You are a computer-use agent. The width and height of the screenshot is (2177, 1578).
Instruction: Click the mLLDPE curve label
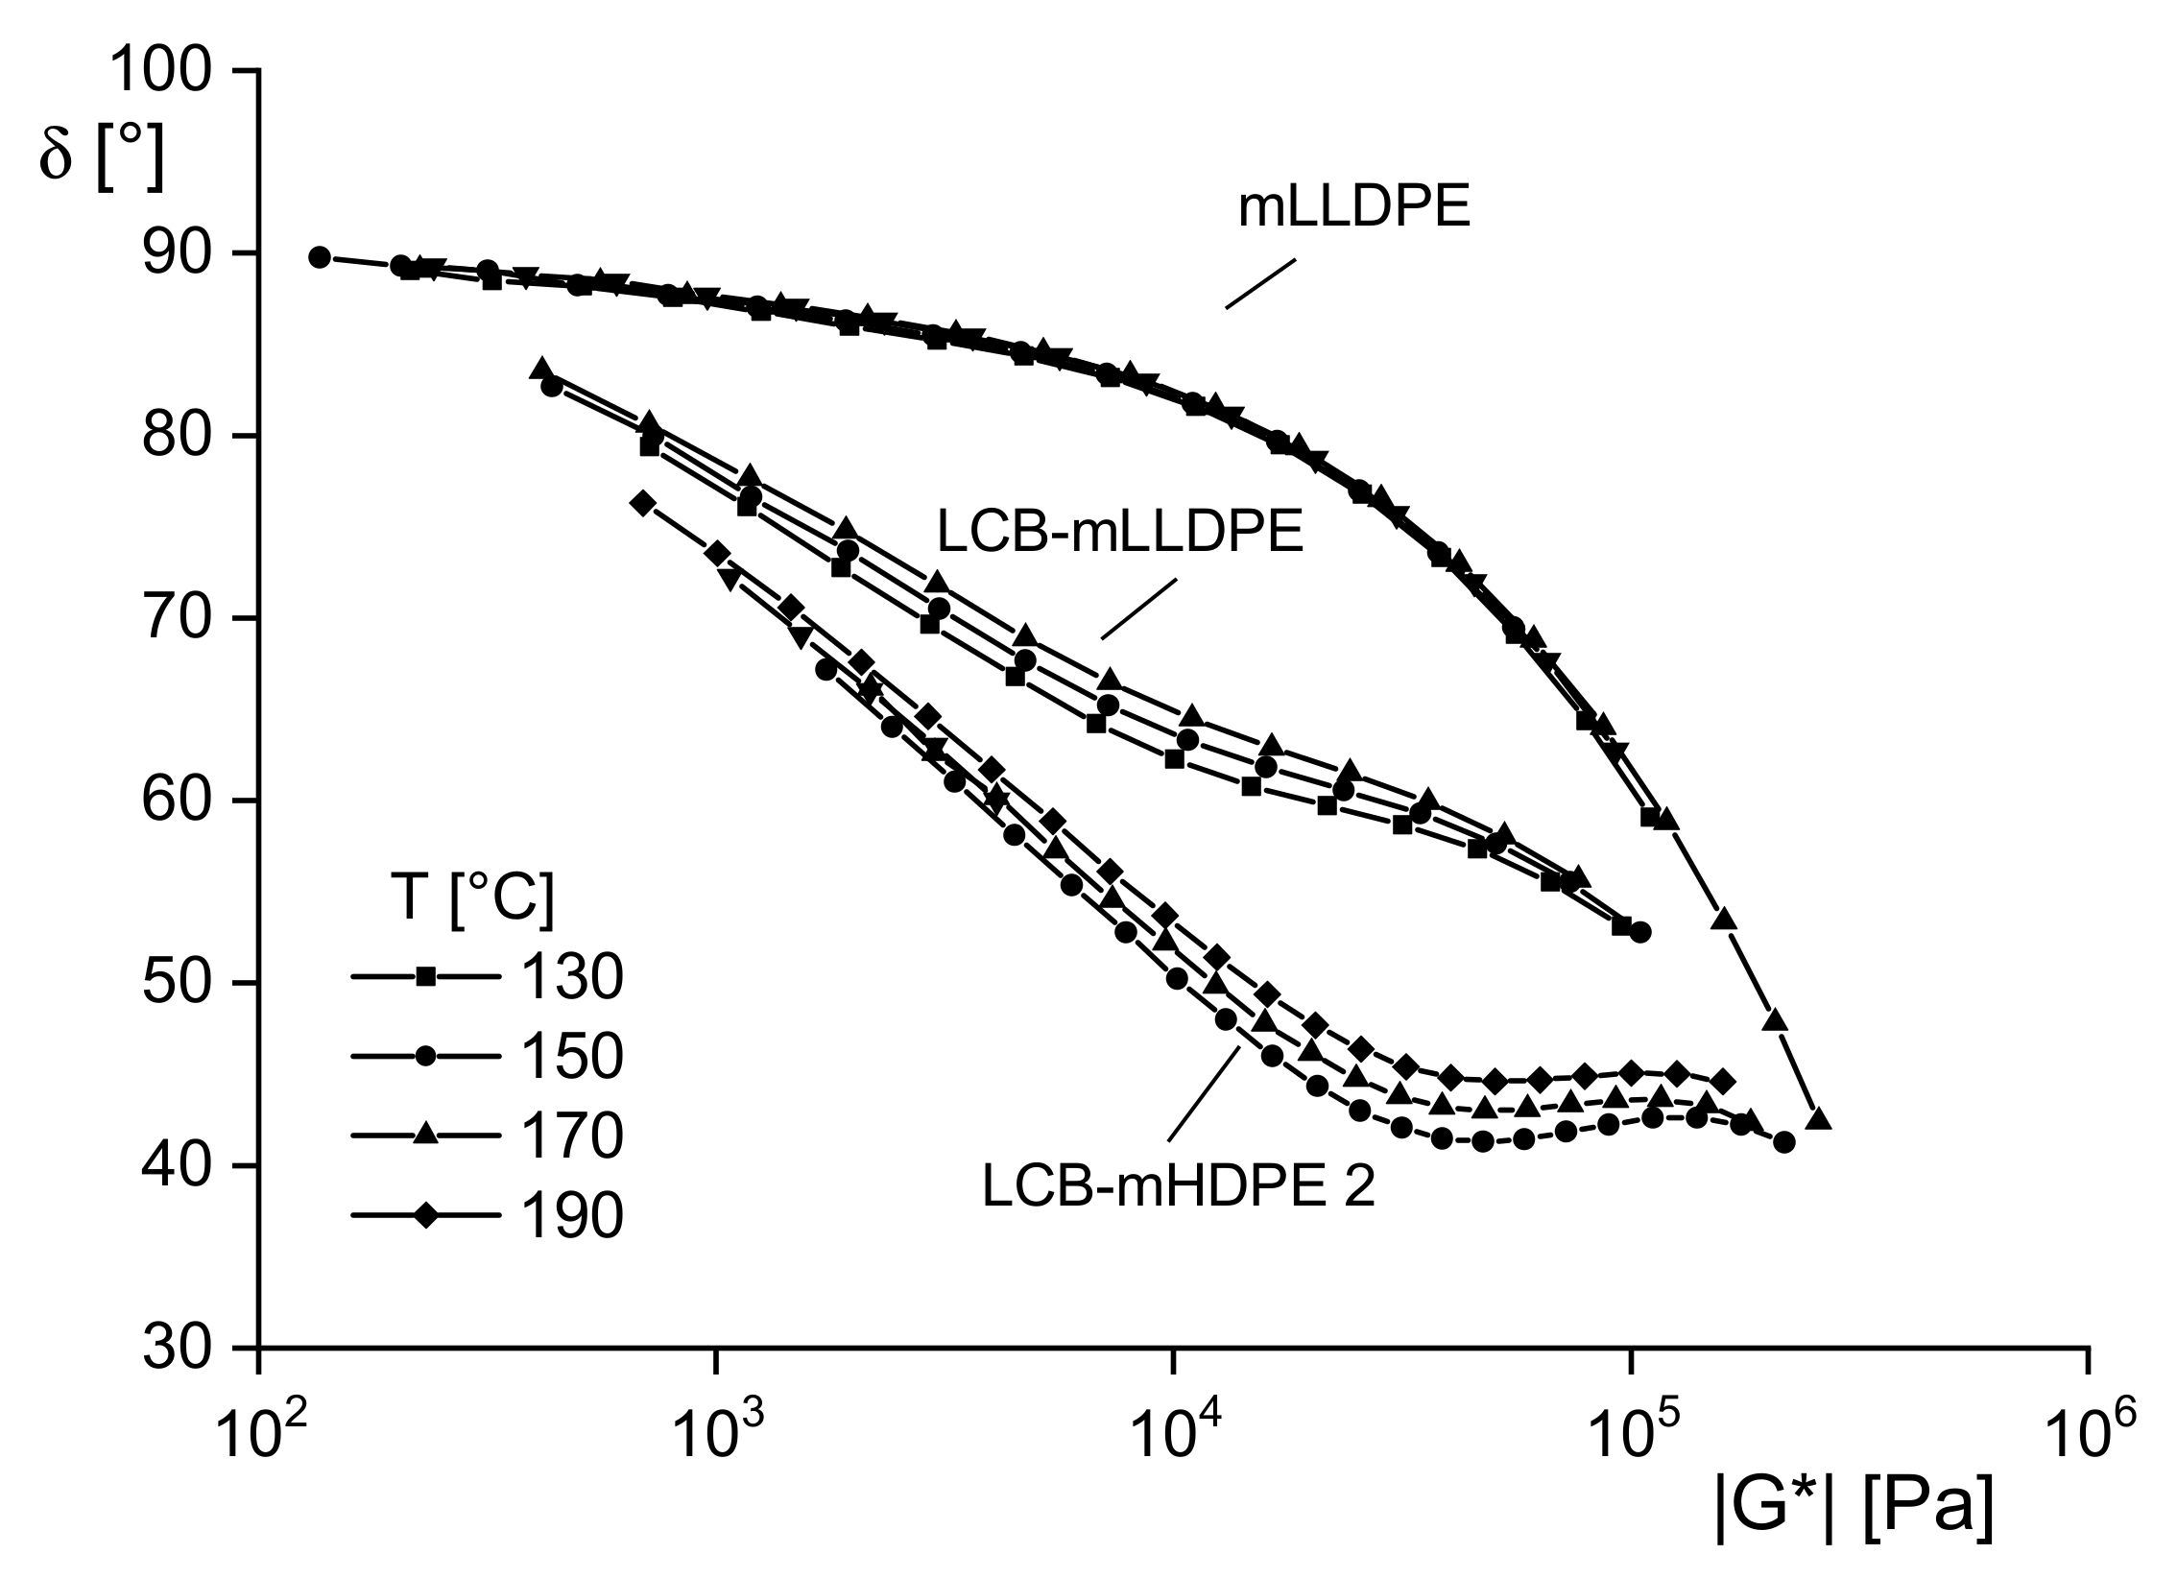1353,209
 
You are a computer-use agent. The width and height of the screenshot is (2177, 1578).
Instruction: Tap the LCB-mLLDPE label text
1119,533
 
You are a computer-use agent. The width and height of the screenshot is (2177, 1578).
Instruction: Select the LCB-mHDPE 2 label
1178,1187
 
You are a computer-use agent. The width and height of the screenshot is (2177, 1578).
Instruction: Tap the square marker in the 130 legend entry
425,978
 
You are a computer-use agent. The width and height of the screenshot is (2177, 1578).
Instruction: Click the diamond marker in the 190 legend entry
425,1216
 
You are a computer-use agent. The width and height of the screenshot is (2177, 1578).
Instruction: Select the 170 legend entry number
572,1136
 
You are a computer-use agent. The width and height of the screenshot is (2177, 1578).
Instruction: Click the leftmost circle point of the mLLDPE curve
320,257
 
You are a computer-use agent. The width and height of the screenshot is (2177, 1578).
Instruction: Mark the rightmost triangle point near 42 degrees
1818,1119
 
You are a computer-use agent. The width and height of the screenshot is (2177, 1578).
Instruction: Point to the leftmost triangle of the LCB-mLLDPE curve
541,369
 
